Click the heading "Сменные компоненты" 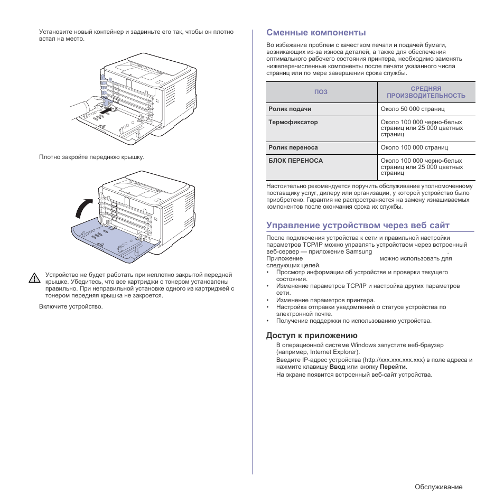pyautogui.click(x=316, y=33)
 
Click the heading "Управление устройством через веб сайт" pyautogui.click(x=358, y=226)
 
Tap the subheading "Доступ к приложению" pyautogui.click(x=312, y=335)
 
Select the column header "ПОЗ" pyautogui.click(x=321, y=92)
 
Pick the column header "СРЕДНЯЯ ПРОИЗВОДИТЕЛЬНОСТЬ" pyautogui.click(x=426, y=92)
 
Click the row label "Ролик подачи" pyautogui.click(x=290, y=109)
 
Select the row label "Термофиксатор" pyautogui.click(x=293, y=122)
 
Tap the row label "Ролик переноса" pyautogui.click(x=293, y=148)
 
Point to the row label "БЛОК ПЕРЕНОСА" pyautogui.click(x=295, y=161)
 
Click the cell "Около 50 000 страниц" pyautogui.click(x=413, y=109)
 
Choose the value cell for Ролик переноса pyautogui.click(x=414, y=148)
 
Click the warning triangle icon pyautogui.click(x=34, y=278)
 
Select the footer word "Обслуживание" pyautogui.click(x=438, y=487)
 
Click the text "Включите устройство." pyautogui.click(x=71, y=306)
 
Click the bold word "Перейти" pyautogui.click(x=393, y=367)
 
